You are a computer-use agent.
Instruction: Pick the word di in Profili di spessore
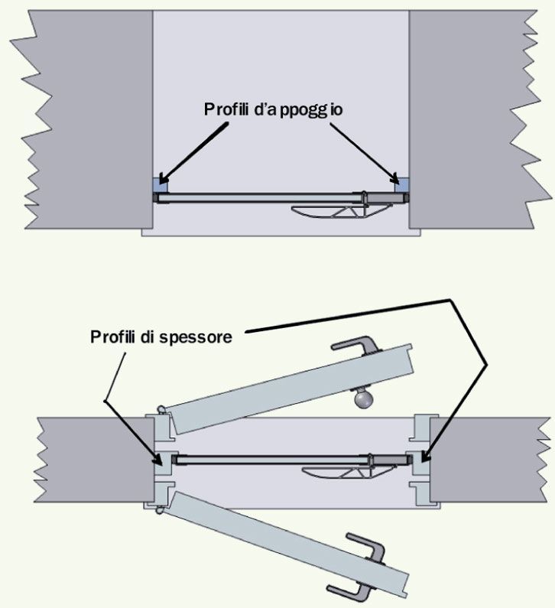coord(148,337)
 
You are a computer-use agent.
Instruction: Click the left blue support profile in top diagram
coord(161,185)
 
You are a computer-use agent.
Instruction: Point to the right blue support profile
coord(401,185)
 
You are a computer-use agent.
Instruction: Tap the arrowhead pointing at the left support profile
coord(164,178)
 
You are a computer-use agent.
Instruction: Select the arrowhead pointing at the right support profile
coord(394,179)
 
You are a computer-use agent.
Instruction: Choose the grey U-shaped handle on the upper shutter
coord(355,345)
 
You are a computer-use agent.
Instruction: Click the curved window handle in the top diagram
coord(341,210)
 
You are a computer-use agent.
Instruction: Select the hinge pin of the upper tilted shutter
coord(162,409)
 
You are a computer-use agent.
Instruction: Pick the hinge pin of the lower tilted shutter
coord(161,510)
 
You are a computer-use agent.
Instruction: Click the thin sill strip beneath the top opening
coord(281,232)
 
